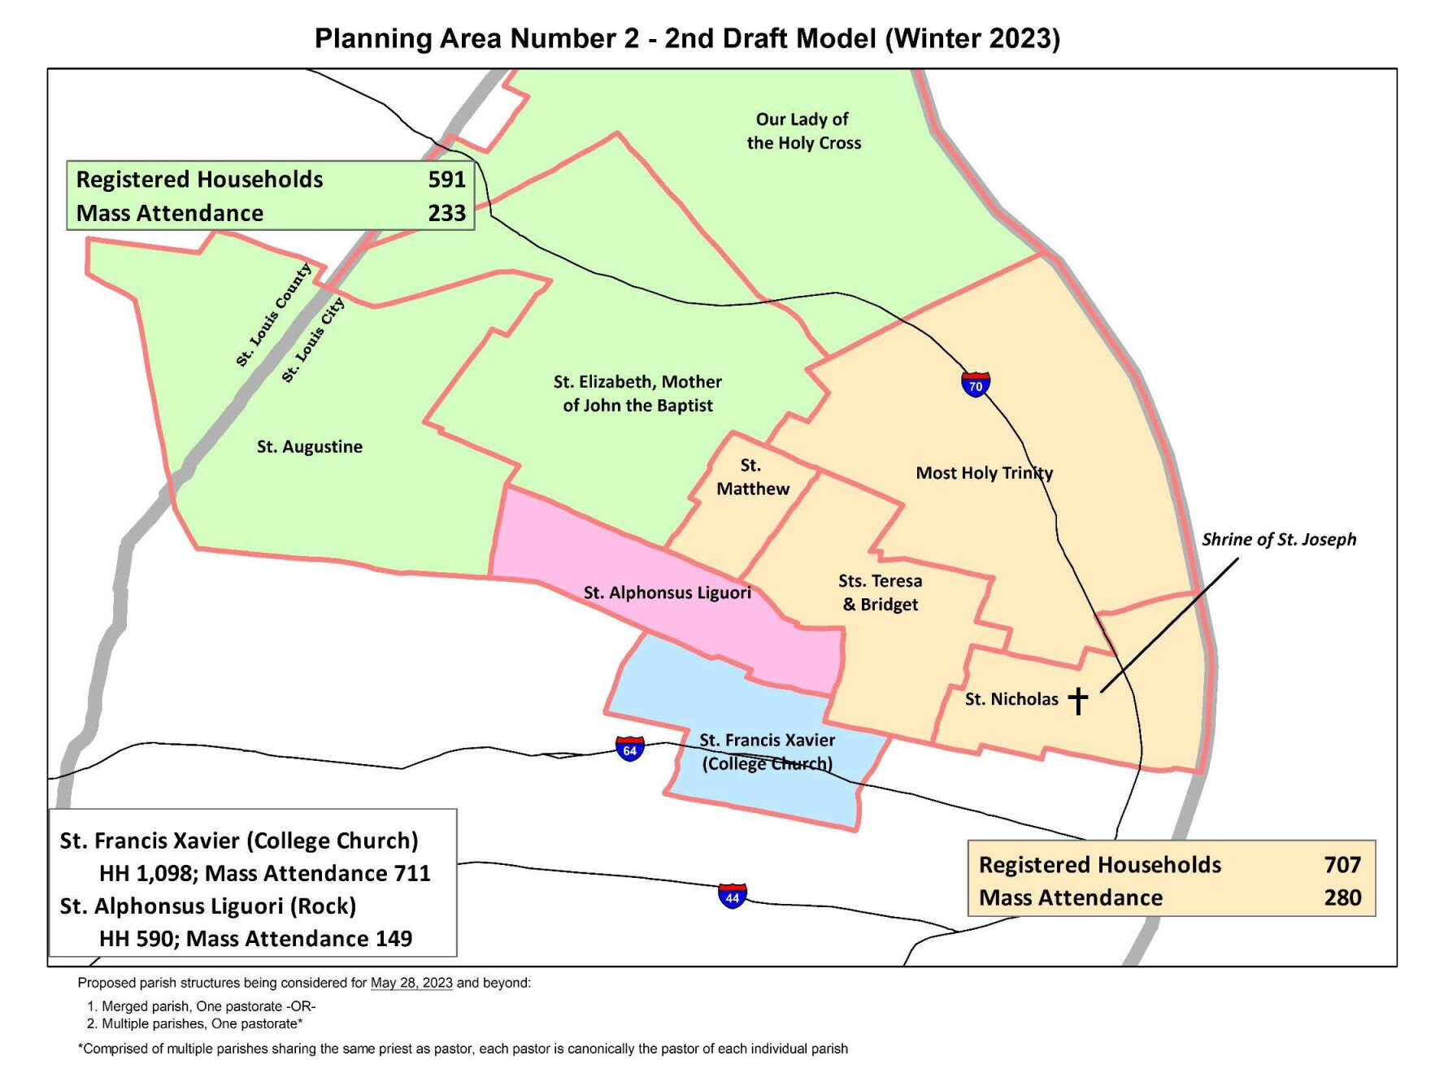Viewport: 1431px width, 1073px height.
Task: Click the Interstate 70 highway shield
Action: [975, 384]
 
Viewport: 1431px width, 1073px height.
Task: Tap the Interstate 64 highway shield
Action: [629, 749]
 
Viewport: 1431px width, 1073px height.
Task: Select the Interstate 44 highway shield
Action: [732, 897]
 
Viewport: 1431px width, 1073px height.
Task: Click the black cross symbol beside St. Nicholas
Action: [1078, 700]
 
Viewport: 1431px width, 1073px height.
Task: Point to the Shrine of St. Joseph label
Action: [1278, 540]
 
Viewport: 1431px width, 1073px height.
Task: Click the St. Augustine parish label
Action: [310, 446]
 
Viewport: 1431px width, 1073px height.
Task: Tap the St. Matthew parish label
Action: [752, 477]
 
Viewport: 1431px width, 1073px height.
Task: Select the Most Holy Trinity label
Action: [984, 473]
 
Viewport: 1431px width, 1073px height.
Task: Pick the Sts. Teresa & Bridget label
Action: [881, 593]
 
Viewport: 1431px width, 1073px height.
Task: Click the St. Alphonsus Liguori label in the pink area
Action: [667, 593]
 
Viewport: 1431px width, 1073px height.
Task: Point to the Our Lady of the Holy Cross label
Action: [803, 131]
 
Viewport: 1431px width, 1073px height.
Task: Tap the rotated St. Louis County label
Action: [273, 315]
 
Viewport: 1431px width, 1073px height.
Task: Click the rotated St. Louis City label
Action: [313, 340]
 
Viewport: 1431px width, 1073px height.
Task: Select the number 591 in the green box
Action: [446, 180]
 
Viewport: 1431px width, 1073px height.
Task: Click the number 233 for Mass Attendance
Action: [446, 213]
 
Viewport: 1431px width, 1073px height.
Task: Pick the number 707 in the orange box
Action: [1342, 865]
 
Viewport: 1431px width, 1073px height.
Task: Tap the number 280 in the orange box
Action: [1342, 897]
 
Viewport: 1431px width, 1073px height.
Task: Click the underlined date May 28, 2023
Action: [411, 983]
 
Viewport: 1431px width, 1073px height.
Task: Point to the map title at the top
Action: [687, 38]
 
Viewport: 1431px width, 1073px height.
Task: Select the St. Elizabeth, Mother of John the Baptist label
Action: [637, 393]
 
